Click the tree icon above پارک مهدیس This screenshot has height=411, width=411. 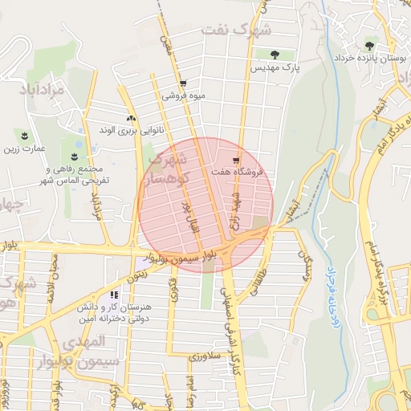point(275,55)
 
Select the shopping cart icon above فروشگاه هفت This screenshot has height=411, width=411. point(236,158)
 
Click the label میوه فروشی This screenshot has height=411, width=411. point(184,96)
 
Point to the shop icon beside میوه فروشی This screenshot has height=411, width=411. point(184,83)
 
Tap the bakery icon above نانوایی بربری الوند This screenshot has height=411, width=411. point(130,118)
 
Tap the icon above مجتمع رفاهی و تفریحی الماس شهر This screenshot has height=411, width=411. point(75,154)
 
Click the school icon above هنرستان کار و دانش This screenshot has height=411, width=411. point(124,294)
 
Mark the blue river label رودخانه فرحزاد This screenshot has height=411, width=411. point(332,298)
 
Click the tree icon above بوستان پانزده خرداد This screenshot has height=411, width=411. point(369,46)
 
